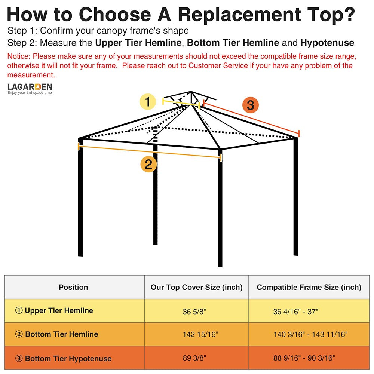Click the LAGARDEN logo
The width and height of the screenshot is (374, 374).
pos(30,88)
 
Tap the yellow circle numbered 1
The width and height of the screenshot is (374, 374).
pos(148,102)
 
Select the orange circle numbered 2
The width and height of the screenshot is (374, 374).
pos(148,164)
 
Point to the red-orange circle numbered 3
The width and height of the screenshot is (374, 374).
pos(250,105)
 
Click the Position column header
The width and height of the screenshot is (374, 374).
pos(73,287)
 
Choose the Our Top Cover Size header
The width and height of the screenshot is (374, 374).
pos(196,287)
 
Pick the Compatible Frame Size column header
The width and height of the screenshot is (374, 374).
pos(309,287)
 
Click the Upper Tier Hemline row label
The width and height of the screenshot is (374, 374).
pos(54,310)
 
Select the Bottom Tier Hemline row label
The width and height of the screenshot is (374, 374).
pos(56,334)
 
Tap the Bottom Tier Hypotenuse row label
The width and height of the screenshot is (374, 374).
pos(63,358)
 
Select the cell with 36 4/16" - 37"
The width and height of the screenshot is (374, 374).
pos(295,311)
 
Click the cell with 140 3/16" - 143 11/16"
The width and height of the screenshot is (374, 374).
pos(310,334)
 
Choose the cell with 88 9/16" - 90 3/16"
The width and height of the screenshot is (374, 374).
pos(304,358)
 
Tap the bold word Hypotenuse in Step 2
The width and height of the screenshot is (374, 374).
pos(327,43)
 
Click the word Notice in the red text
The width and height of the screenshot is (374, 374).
pos(19,56)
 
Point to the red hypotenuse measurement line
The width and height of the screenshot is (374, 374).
pos(251,119)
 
